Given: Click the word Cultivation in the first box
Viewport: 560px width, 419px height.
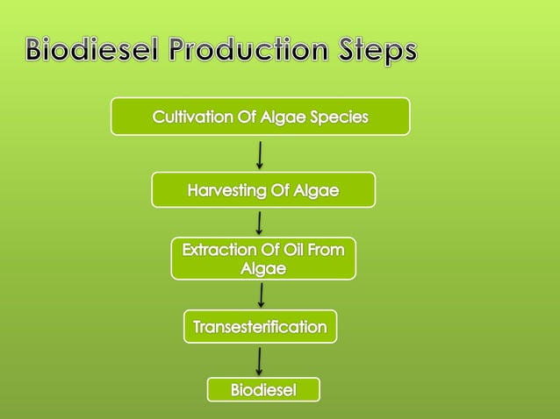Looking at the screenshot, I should point(190,117).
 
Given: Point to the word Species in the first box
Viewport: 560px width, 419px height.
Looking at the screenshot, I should point(337,117).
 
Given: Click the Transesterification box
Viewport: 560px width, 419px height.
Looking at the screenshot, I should point(260,327).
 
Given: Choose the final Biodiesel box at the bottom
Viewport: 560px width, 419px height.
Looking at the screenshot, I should point(263,389).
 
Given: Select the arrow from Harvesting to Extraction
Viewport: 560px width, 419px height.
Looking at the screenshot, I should point(259,222).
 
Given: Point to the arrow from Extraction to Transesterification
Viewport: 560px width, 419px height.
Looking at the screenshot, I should point(260,294).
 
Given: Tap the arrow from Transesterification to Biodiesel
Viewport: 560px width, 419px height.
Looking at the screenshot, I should point(260,359).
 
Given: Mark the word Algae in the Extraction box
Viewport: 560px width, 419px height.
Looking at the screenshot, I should point(263,269).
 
